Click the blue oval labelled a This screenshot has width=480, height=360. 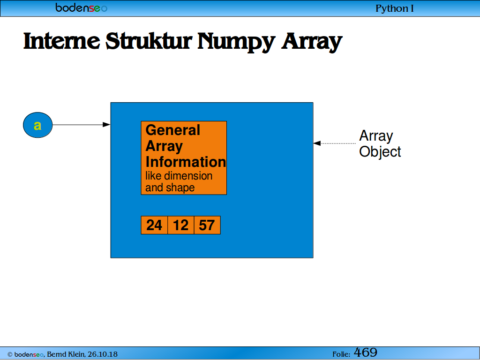pos(37,125)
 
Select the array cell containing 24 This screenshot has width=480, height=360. pos(154,225)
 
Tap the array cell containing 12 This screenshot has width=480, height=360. pos(180,225)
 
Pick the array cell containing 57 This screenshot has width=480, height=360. pos(207,225)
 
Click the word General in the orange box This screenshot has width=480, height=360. pos(172,130)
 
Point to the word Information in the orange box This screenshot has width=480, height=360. pos(186,162)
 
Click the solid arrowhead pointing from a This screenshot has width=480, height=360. pos(106,125)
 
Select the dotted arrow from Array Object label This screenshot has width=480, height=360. pos(334,143)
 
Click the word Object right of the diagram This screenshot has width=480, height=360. pos(380,152)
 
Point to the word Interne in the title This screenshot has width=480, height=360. pos(61,41)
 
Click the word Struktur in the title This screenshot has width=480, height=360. pos(149,41)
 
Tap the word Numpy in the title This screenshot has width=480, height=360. pos(236,42)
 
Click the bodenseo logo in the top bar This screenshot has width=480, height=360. pos(82,7)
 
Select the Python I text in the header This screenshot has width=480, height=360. pos(395,8)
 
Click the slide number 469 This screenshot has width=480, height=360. pos(366,352)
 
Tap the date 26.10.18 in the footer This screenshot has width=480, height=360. pos(103,354)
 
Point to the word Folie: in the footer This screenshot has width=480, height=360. pos(341,354)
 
